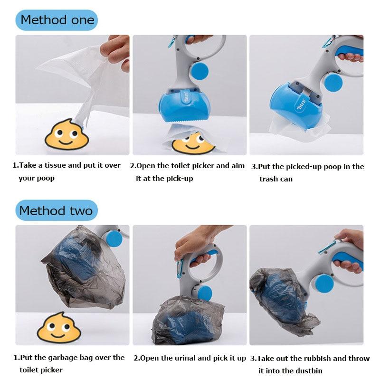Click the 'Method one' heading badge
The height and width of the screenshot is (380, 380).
pos(57,20)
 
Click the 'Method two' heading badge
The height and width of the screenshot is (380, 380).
pos(57,210)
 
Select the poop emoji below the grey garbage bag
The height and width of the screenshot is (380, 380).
pos(59,327)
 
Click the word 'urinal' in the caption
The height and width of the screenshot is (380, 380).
pos(185,358)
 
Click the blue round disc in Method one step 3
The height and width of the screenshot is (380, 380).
pos(333,83)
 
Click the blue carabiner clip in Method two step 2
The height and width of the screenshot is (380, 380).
pos(180,268)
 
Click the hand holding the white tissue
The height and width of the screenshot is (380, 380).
pos(116,53)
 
